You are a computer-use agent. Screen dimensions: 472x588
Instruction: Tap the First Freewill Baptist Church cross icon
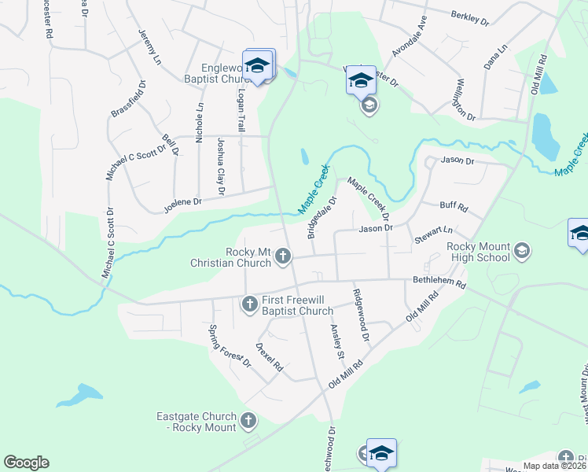point(249,303)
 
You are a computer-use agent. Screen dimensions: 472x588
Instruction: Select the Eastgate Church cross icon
point(249,420)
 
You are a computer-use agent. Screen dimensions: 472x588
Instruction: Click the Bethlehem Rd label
point(439,281)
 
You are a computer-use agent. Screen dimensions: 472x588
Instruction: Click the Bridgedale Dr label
point(322,218)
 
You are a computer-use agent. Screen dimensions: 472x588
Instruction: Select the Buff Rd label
point(454,208)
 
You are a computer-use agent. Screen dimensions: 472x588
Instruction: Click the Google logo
point(26,463)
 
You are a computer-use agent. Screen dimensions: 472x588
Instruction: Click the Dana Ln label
point(496,57)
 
